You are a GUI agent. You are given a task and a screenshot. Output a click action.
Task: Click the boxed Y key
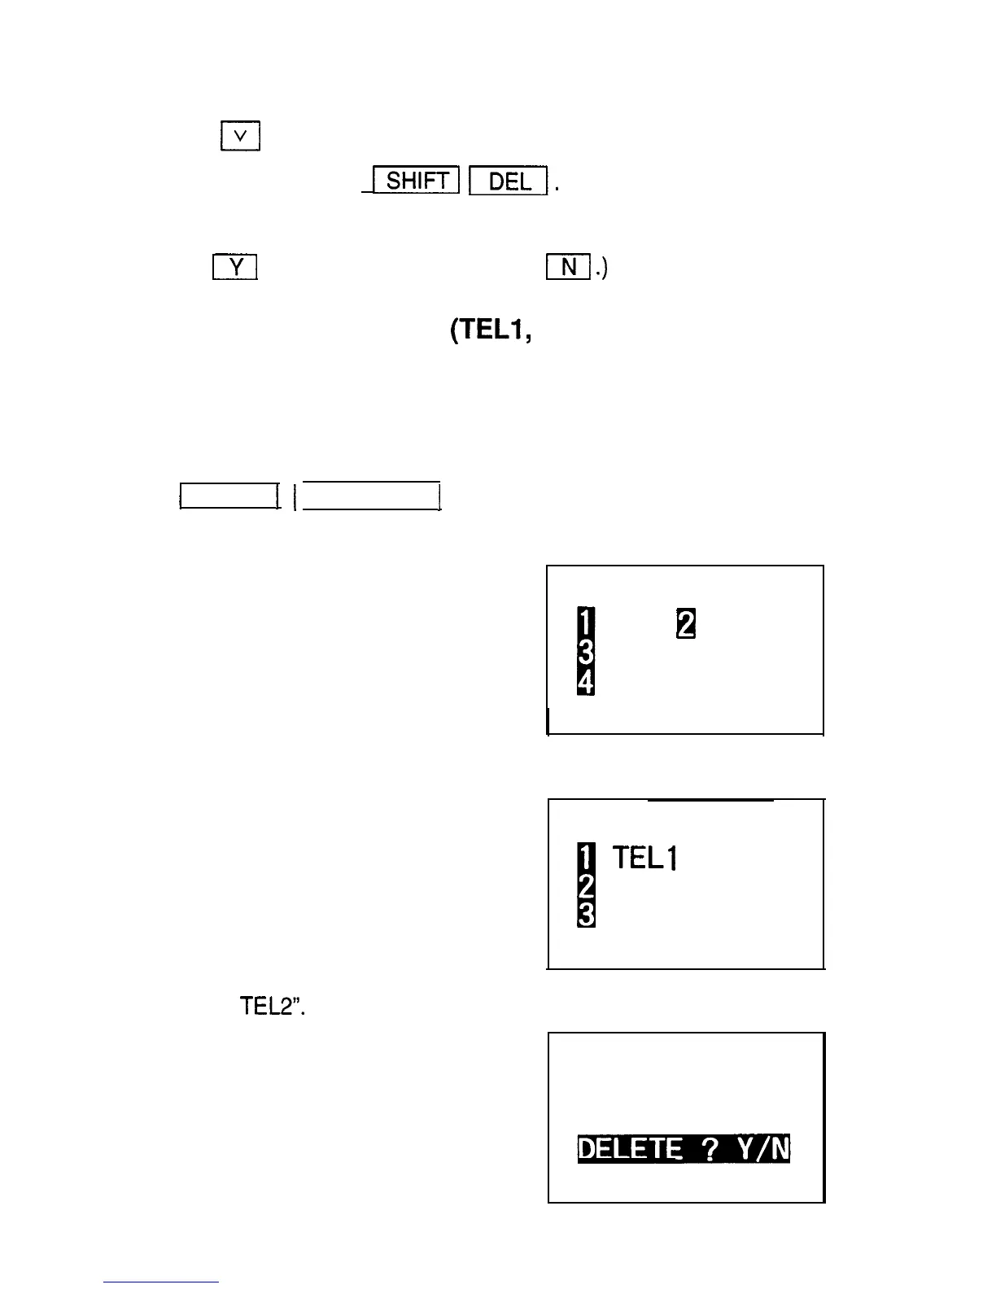[234, 267]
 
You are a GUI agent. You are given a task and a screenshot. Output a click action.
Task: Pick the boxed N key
[568, 267]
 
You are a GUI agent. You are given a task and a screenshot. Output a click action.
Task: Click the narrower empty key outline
[229, 496]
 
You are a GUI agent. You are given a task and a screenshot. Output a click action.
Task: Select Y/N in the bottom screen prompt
[762, 1149]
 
